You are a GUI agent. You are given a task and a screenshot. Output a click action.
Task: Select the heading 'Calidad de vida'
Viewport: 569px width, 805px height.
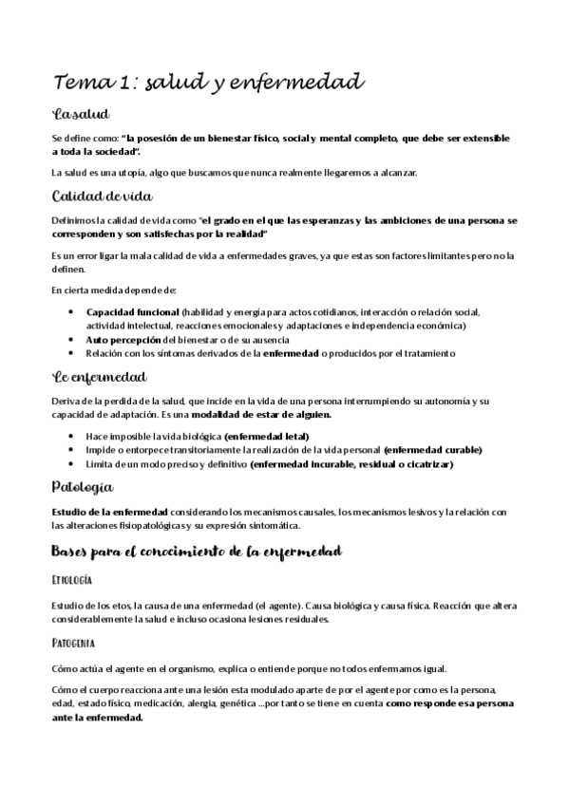point(103,197)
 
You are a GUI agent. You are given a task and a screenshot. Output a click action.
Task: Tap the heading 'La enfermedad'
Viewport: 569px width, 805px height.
point(98,377)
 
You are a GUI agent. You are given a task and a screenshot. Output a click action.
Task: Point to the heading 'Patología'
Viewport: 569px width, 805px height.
point(83,487)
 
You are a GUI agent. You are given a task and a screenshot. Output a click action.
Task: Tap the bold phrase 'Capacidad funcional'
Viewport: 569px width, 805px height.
point(132,311)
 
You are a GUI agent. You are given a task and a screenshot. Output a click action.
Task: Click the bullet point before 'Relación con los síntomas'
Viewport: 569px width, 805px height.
point(73,353)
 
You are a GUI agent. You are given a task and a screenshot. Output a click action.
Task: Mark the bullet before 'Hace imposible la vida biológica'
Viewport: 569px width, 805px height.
point(73,435)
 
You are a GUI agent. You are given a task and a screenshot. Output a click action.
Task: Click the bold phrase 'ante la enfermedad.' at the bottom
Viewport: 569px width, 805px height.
point(97,718)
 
